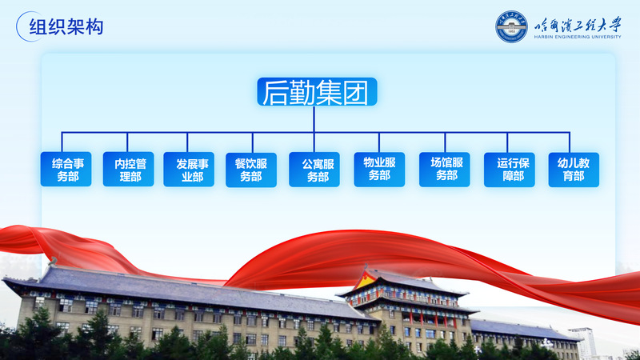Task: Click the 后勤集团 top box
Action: [x=317, y=92]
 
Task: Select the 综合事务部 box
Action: [x=66, y=169]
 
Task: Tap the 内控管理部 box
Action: [x=128, y=169]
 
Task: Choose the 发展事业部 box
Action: [x=189, y=170]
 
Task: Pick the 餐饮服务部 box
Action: [x=251, y=170]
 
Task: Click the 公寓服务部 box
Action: [x=314, y=170]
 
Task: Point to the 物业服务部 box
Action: [x=379, y=170]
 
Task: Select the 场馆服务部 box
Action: [x=445, y=170]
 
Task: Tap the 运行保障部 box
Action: [x=510, y=170]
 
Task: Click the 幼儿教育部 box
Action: [x=574, y=170]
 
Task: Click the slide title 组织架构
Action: [x=66, y=27]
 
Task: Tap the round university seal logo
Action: [x=511, y=26]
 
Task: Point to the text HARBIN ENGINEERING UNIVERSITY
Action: [x=577, y=37]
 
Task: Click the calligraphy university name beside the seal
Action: [x=578, y=25]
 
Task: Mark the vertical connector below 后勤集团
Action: [x=314, y=119]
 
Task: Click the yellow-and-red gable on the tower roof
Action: [x=366, y=280]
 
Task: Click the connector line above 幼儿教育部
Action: [x=570, y=142]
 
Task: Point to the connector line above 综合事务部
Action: [x=62, y=142]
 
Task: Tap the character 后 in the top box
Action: [x=274, y=92]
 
